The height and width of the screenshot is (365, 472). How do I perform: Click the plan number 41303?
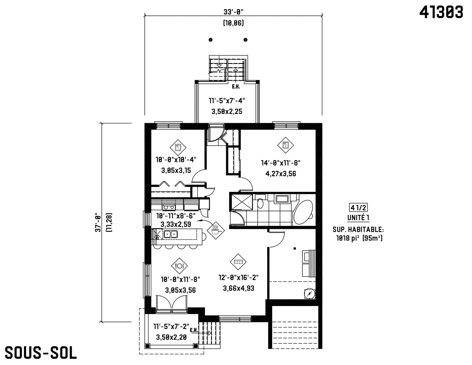coord(441,12)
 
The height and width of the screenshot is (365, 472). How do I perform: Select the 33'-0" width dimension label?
coord(233,12)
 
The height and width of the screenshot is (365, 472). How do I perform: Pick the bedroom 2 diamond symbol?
coord(286,145)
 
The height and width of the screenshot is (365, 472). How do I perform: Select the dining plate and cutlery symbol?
coord(180,266)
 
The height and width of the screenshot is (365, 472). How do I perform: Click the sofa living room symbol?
coord(238,262)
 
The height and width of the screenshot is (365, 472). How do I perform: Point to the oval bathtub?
coord(303,212)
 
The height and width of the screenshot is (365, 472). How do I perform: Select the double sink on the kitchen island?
coord(171,234)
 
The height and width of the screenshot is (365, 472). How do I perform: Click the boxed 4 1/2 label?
coord(358,208)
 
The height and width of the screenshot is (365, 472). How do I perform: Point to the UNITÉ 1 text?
coord(358,218)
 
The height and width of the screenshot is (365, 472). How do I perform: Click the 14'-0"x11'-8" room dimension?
coord(281,163)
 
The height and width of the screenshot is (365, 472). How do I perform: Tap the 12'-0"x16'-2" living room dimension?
coord(239,277)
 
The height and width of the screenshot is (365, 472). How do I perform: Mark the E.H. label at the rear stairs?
coord(236,87)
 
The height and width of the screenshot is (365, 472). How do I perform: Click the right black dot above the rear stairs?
coord(245,40)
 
